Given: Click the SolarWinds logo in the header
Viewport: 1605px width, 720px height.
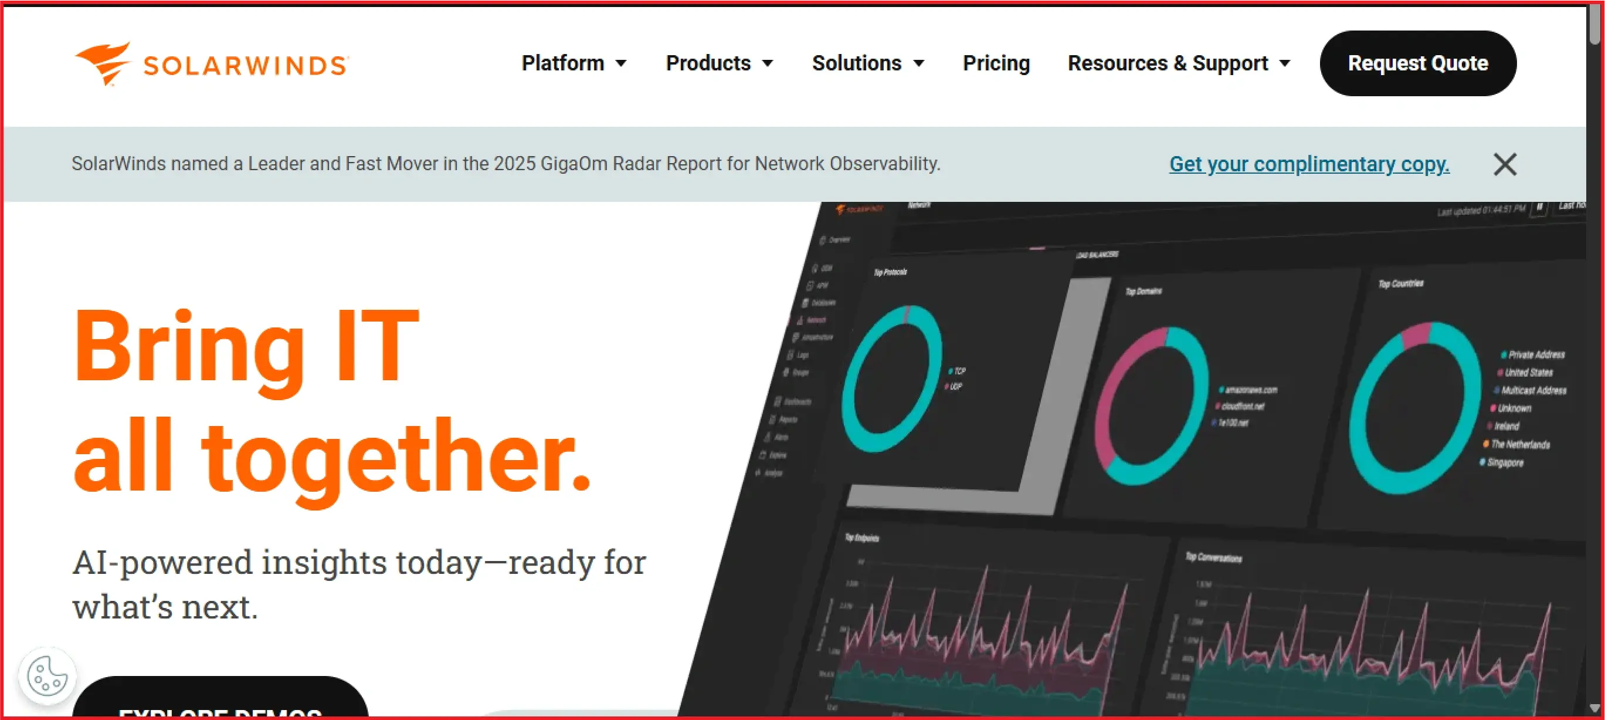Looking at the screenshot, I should click(x=212, y=63).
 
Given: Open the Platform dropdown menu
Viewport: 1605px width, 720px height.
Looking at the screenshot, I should click(x=574, y=63).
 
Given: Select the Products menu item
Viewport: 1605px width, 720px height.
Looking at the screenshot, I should click(x=719, y=63).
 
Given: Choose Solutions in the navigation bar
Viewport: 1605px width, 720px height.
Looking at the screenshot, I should click(x=867, y=63).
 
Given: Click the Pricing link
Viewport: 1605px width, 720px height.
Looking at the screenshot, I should click(x=996, y=63).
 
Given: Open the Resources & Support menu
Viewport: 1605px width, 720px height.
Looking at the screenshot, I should click(x=1178, y=63).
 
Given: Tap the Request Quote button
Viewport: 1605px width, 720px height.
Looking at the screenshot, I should click(x=1417, y=63).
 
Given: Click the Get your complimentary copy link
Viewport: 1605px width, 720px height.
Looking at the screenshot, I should click(x=1308, y=164).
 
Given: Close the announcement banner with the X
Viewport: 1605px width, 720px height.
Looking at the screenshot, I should click(x=1504, y=164).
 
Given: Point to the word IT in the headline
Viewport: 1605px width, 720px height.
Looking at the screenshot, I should click(x=377, y=346).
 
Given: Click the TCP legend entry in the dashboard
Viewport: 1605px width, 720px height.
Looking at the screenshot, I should click(x=959, y=371).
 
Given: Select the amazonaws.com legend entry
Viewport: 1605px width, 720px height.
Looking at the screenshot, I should click(x=1250, y=390).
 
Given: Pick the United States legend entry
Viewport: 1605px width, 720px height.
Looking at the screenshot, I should click(x=1528, y=373).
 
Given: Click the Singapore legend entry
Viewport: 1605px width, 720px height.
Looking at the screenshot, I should click(x=1504, y=462).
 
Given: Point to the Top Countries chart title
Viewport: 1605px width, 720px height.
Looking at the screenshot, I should click(x=1400, y=283).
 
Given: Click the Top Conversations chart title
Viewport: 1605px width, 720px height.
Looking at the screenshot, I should click(x=1213, y=557).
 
